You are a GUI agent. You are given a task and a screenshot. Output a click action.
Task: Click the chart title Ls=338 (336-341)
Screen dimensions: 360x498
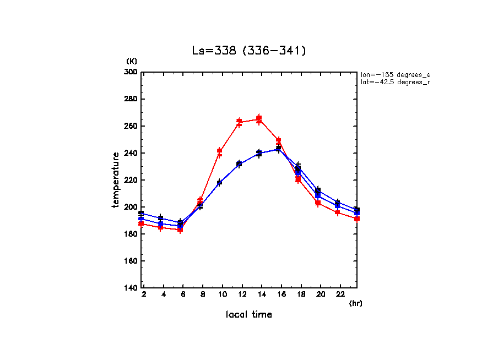coord(248,51)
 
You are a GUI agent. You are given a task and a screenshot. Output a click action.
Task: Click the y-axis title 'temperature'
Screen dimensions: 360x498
coord(116,180)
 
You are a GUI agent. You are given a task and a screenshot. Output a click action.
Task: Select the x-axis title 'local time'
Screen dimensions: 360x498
coord(248,314)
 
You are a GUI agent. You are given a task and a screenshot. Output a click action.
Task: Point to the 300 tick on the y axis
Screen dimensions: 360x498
coord(131,72)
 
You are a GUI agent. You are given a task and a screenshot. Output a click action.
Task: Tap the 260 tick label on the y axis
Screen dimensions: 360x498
coord(131,126)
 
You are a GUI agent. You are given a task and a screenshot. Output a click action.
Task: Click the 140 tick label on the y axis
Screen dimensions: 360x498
coord(131,288)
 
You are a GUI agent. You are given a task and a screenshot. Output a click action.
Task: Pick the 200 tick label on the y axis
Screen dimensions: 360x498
coord(131,207)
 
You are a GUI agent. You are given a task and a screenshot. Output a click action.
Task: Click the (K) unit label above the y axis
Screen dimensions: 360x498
coord(132,61)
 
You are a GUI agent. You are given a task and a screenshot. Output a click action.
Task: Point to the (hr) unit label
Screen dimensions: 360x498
coord(355,303)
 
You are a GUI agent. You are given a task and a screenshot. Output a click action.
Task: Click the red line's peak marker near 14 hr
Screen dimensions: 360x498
coord(259,118)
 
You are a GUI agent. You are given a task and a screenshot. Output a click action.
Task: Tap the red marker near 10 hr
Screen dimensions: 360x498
coord(219,151)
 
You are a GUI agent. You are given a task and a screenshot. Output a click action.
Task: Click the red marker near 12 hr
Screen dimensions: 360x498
coord(239,121)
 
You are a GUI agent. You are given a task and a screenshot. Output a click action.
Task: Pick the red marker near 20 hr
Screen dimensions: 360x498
coord(318,203)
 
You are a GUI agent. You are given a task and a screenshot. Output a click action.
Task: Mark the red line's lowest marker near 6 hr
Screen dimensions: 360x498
coord(180,230)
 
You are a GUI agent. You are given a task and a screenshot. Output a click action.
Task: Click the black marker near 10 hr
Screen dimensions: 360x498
coord(219,182)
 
